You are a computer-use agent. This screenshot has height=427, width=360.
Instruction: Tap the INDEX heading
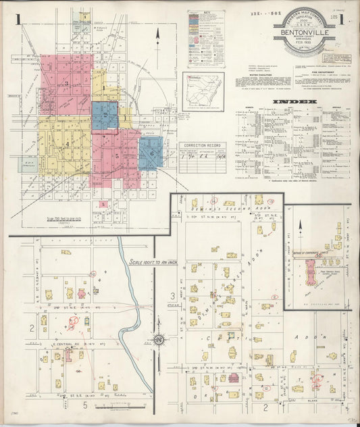tap(295, 102)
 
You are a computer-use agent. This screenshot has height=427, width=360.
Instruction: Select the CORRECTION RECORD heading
tap(203, 145)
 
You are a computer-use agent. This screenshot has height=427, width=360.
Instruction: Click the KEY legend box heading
tap(206, 13)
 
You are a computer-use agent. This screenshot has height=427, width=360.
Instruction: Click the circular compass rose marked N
tap(158, 339)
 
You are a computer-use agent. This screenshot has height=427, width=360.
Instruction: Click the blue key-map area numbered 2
tap(105, 116)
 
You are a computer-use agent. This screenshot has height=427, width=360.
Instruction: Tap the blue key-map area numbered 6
tap(151, 153)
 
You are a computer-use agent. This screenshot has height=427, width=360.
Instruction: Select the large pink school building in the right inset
tap(313, 273)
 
